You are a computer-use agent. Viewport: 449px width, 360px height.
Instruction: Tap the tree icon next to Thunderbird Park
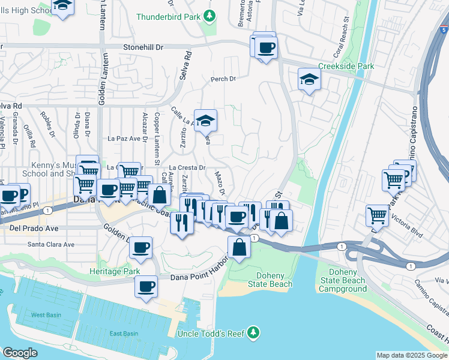[209, 16]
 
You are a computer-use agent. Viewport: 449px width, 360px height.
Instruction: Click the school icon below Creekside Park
[309, 79]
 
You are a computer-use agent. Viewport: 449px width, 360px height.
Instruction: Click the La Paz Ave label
[123, 138]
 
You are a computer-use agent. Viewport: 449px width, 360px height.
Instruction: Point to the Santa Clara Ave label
[51, 244]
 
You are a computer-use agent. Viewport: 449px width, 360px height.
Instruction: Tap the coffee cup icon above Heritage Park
[140, 247]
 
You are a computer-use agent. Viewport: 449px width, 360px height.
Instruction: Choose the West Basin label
[45, 315]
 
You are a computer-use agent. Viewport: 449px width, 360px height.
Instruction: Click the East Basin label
[124, 334]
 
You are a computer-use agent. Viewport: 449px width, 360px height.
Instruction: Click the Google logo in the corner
[20, 353]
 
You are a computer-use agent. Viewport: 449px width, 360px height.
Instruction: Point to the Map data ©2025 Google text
[411, 355]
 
